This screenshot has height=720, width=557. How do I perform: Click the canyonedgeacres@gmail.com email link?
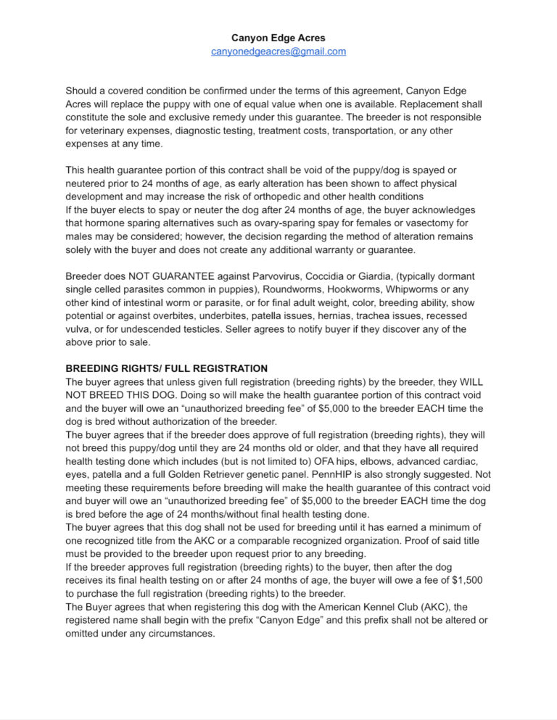278,51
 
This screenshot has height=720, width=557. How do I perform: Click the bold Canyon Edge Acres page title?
278,37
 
